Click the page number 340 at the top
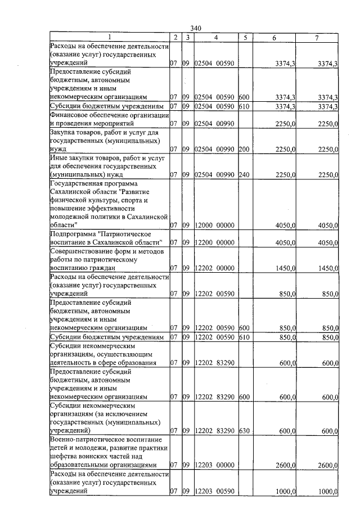(196, 29)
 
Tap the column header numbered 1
(110, 38)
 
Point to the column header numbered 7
(317, 38)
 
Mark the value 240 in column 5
(244, 175)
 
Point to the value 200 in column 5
(244, 149)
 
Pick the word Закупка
(64, 132)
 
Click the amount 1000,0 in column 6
(286, 492)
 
